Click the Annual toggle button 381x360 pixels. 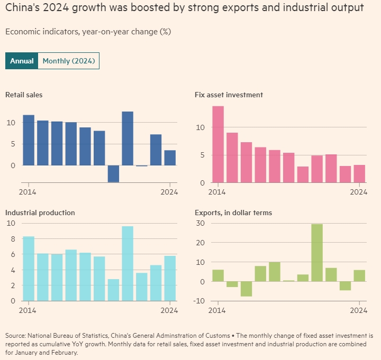coord(22,61)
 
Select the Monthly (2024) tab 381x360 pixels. coord(68,61)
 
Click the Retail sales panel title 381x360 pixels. coord(24,95)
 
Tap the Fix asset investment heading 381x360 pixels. coord(229,95)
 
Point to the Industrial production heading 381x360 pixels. coord(40,213)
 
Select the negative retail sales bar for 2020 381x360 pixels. coord(113,173)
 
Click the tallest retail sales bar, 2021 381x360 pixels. coord(128,139)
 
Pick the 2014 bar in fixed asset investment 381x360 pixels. coord(218,144)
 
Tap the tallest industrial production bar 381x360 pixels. coord(128,263)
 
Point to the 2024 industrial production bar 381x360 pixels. coord(170,278)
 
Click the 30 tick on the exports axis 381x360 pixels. coord(201,223)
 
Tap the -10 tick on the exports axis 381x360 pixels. coord(199,301)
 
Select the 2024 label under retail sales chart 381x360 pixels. coord(169,192)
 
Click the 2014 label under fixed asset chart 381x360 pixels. coord(217,192)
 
